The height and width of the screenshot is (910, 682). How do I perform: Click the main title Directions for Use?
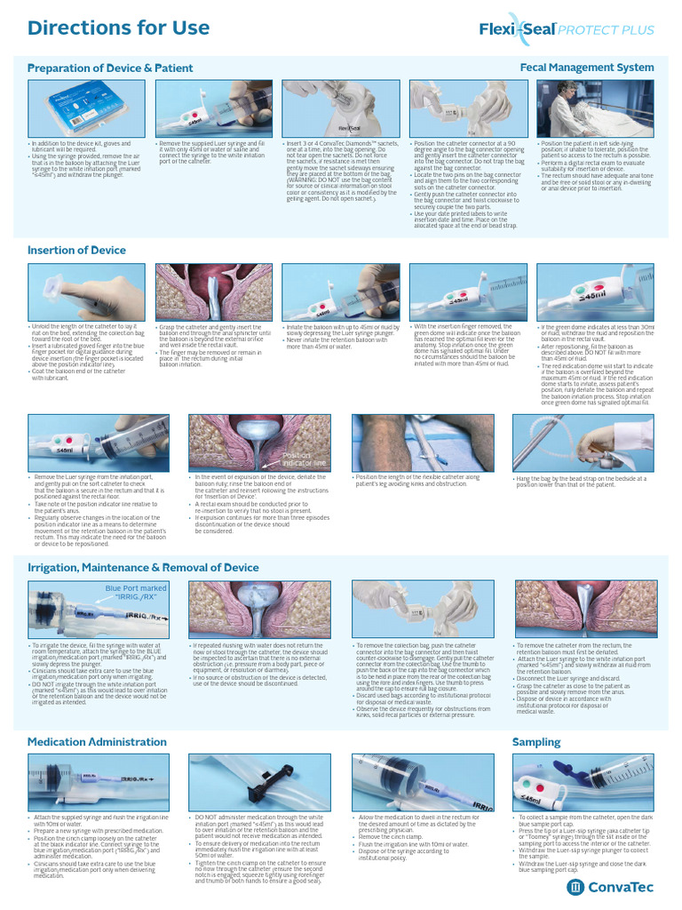point(118,28)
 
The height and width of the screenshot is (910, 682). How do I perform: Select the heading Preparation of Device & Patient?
point(110,68)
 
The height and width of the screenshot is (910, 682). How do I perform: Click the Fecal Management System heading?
point(586,68)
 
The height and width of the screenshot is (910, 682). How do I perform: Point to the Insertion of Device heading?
point(76,251)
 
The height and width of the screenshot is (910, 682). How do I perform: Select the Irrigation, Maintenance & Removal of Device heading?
point(143,567)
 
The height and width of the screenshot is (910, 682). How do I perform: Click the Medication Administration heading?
point(97,741)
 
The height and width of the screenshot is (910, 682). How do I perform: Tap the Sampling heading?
point(536,741)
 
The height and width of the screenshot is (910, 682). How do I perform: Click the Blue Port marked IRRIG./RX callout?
point(135,593)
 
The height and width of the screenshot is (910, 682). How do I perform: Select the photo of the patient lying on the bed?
point(594,108)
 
